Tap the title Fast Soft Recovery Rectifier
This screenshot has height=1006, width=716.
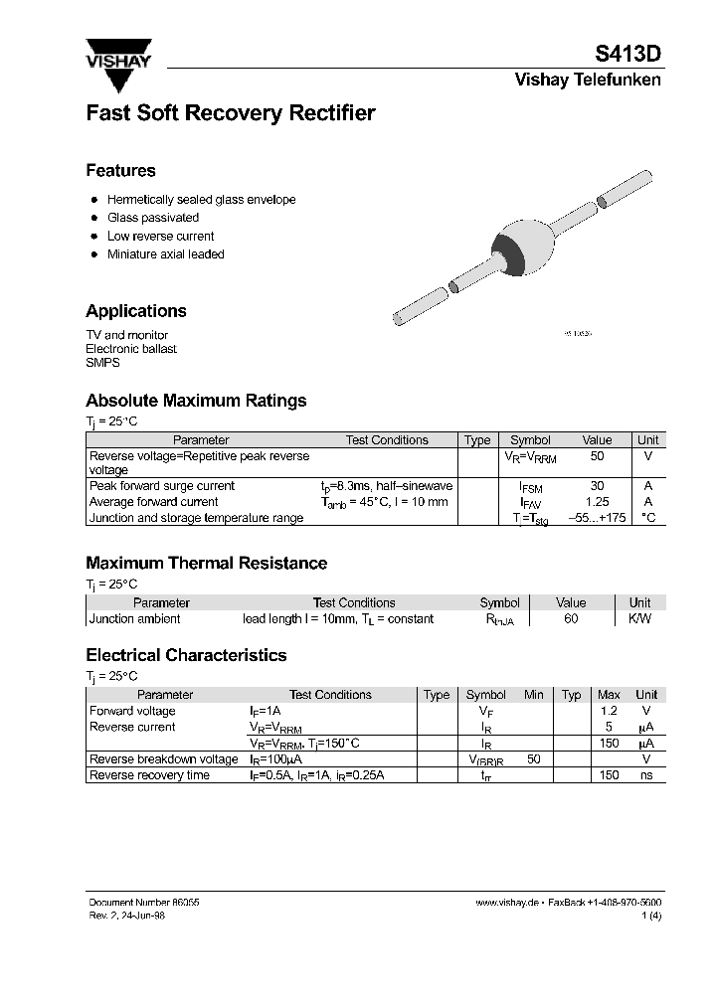[231, 113]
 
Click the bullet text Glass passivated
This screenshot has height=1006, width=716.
[153, 218]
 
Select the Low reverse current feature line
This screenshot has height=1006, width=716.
[160, 237]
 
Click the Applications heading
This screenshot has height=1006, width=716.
[136, 311]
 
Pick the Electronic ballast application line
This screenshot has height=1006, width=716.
[131, 349]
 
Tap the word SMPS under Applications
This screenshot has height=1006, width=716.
[102, 363]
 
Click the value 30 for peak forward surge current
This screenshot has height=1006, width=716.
[597, 486]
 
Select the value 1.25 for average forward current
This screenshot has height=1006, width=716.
[597, 502]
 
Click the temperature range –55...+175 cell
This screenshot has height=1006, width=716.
[597, 518]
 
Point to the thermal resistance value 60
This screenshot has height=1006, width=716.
[571, 618]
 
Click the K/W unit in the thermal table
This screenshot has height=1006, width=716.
[639, 618]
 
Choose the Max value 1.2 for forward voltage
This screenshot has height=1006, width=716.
[609, 711]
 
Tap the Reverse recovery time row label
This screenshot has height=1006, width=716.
[149, 774]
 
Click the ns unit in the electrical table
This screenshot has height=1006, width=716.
[646, 774]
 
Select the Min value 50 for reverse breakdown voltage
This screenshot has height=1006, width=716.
[534, 758]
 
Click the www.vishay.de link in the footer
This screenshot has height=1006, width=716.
[507, 902]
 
